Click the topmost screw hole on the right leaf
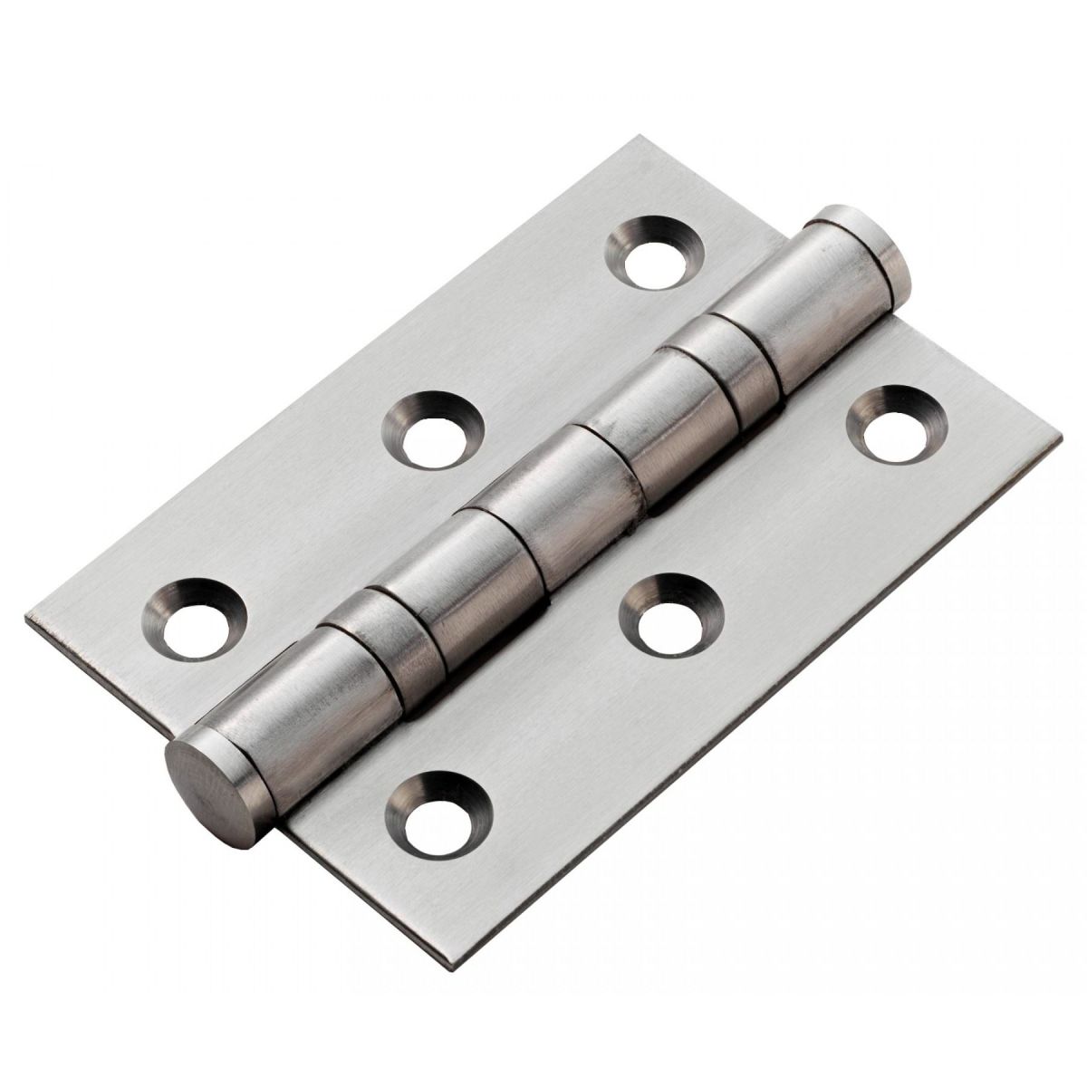(895, 424)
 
